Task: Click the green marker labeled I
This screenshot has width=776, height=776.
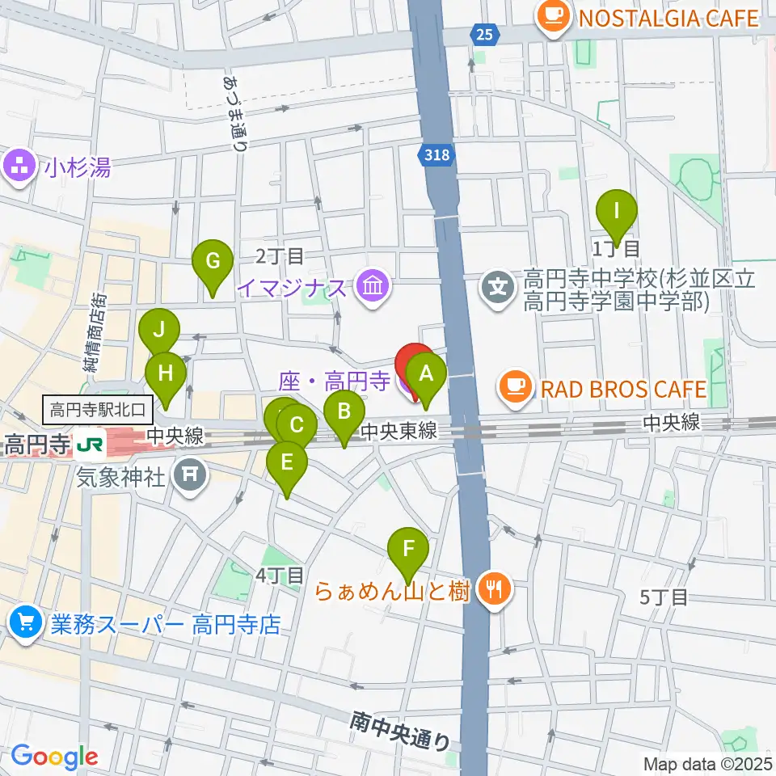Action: point(617,213)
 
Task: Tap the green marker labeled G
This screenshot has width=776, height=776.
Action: point(213,263)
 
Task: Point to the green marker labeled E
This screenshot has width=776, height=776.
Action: point(286,464)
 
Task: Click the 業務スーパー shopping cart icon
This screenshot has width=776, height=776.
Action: point(26,622)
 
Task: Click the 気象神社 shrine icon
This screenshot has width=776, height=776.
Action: point(190,474)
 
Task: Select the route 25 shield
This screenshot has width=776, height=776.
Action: point(483,34)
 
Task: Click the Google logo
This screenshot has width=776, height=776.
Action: point(54,757)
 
